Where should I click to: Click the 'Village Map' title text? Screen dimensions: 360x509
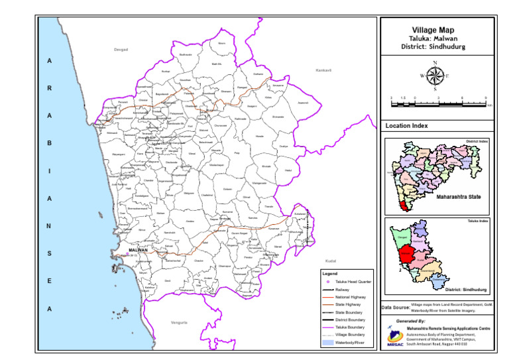(436, 30)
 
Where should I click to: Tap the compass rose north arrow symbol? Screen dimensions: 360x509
(435, 75)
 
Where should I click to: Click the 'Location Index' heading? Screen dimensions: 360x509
(406, 125)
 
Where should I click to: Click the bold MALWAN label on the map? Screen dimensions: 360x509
(138, 250)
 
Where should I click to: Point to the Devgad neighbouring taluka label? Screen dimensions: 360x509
(120, 50)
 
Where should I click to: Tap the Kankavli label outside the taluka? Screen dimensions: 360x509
(323, 70)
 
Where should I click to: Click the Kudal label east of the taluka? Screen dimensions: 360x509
(331, 261)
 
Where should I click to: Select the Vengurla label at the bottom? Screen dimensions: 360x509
(179, 322)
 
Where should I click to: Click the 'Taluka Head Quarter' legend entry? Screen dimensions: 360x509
(353, 282)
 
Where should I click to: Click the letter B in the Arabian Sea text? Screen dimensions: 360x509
(49, 143)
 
